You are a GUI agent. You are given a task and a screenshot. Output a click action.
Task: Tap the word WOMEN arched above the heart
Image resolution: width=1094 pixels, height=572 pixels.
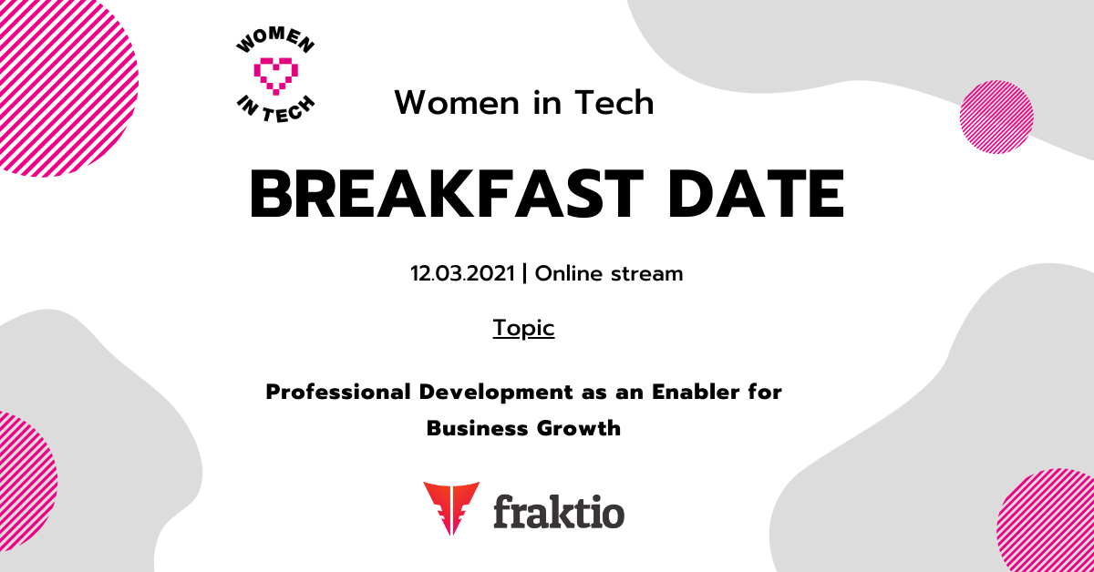click(x=275, y=39)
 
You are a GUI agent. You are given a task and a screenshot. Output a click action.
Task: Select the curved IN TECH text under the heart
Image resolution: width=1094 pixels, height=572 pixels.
click(x=275, y=110)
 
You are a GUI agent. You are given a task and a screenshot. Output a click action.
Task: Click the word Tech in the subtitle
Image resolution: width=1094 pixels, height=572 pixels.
click(x=614, y=103)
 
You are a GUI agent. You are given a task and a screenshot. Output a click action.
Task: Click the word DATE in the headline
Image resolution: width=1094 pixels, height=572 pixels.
click(x=756, y=193)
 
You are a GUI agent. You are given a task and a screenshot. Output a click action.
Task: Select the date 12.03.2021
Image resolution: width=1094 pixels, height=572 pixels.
click(x=462, y=273)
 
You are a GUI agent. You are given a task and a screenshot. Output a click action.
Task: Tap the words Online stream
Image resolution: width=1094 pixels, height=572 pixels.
click(x=609, y=273)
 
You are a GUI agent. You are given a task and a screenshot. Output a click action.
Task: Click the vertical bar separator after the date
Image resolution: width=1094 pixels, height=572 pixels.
click(x=524, y=273)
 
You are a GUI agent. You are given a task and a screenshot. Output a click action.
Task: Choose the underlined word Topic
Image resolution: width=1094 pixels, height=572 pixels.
click(x=523, y=328)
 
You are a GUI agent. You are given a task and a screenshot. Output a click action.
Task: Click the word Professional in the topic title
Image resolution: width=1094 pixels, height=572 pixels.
click(x=338, y=392)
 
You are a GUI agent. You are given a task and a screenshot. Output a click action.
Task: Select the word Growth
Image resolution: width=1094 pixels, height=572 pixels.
click(x=579, y=428)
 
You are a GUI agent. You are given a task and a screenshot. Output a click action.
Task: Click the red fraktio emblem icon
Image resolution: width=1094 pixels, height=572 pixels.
click(x=451, y=508)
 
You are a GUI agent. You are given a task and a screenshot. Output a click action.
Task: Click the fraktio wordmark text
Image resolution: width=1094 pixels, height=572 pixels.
click(x=559, y=512)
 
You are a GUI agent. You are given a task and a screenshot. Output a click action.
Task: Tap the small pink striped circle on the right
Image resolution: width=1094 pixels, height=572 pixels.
click(x=996, y=117)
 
